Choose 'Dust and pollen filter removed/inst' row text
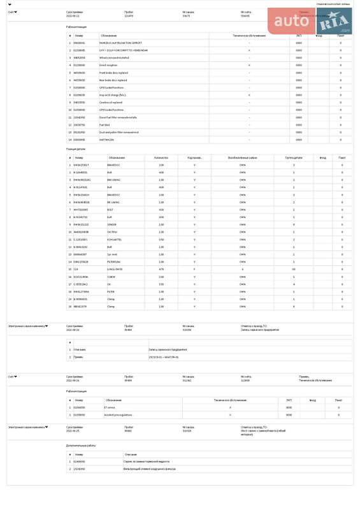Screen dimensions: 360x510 pyautogui.click(x=119, y=132)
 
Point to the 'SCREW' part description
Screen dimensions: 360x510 pyautogui.click(x=113, y=276)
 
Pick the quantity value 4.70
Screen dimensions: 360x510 pyautogui.click(x=161, y=268)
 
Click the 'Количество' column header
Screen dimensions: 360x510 pyautogui.click(x=161, y=157)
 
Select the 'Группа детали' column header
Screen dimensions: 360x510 pyautogui.click(x=294, y=157)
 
